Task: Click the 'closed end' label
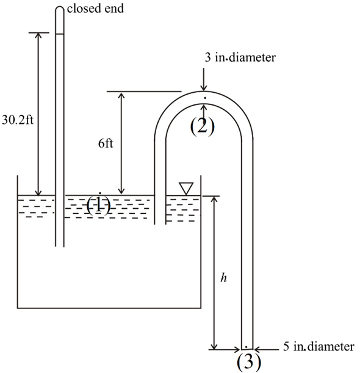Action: pyautogui.click(x=94, y=9)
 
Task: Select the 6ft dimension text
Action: pyautogui.click(x=105, y=144)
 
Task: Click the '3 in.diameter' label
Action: pyautogui.click(x=241, y=59)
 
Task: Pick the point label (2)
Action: pyautogui.click(x=202, y=126)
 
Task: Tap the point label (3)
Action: pyautogui.click(x=248, y=361)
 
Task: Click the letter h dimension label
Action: pyautogui.click(x=223, y=278)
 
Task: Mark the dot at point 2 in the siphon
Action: pyautogui.click(x=205, y=97)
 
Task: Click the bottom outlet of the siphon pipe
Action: pyautogui.click(x=247, y=348)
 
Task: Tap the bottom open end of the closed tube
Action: pyautogui.click(x=59, y=247)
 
